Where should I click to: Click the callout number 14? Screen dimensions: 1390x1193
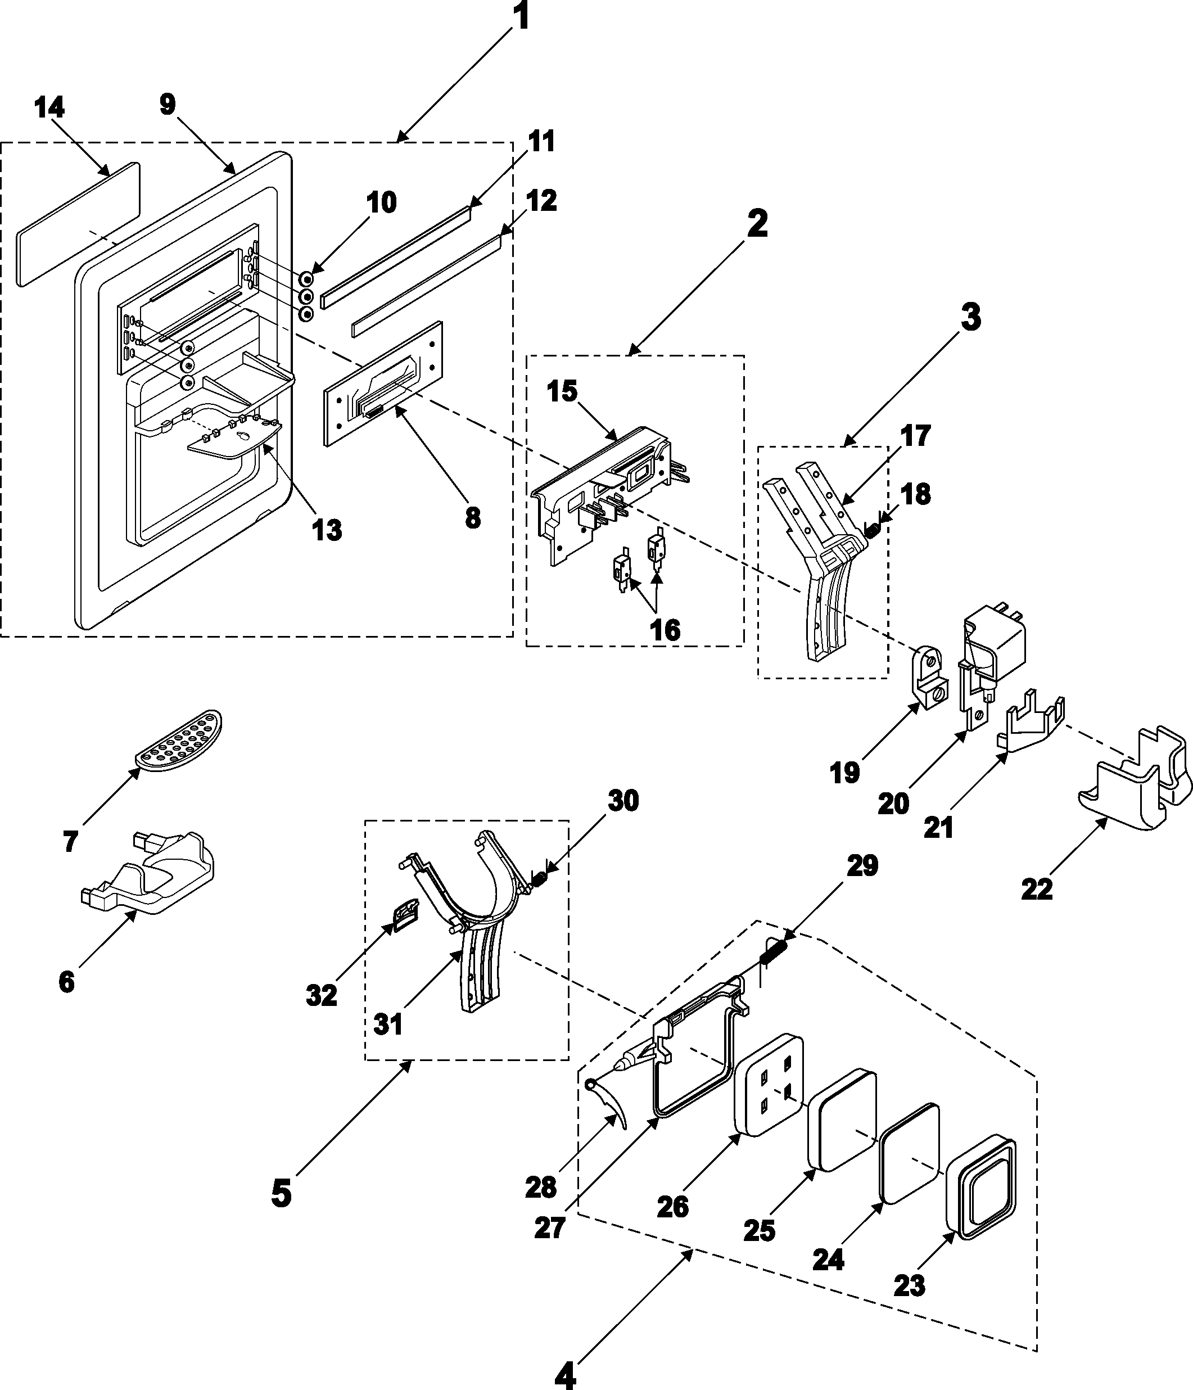[x=49, y=108]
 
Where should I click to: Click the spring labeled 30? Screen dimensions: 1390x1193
[x=539, y=878]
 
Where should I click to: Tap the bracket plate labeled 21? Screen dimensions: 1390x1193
[x=1030, y=724]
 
